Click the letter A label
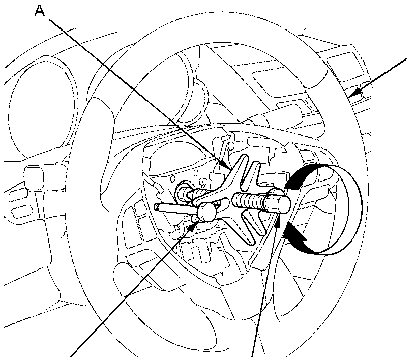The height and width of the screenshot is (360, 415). (x=40, y=11)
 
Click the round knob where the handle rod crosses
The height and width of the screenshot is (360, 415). (x=207, y=211)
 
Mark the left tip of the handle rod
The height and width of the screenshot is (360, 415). (x=157, y=206)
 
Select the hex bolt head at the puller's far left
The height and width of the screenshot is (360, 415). (x=183, y=194)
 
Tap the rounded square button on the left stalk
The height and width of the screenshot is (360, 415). (x=34, y=177)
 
